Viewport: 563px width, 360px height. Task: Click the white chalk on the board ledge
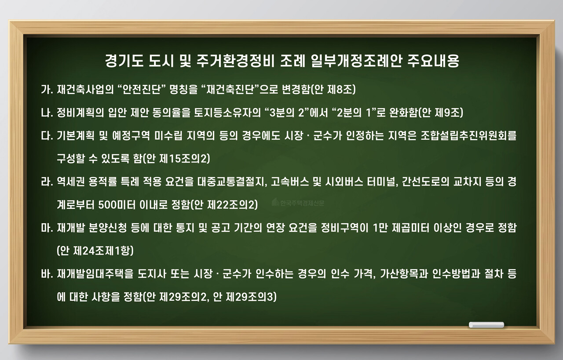[x=486, y=325]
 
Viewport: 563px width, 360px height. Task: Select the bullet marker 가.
[x=46, y=90]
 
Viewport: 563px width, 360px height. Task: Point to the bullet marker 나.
[x=46, y=113]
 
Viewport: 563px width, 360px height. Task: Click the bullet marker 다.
[x=46, y=136]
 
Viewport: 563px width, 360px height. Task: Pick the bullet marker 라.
[x=46, y=182]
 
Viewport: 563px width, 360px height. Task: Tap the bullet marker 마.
[x=46, y=228]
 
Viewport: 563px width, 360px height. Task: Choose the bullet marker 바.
[x=46, y=274]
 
